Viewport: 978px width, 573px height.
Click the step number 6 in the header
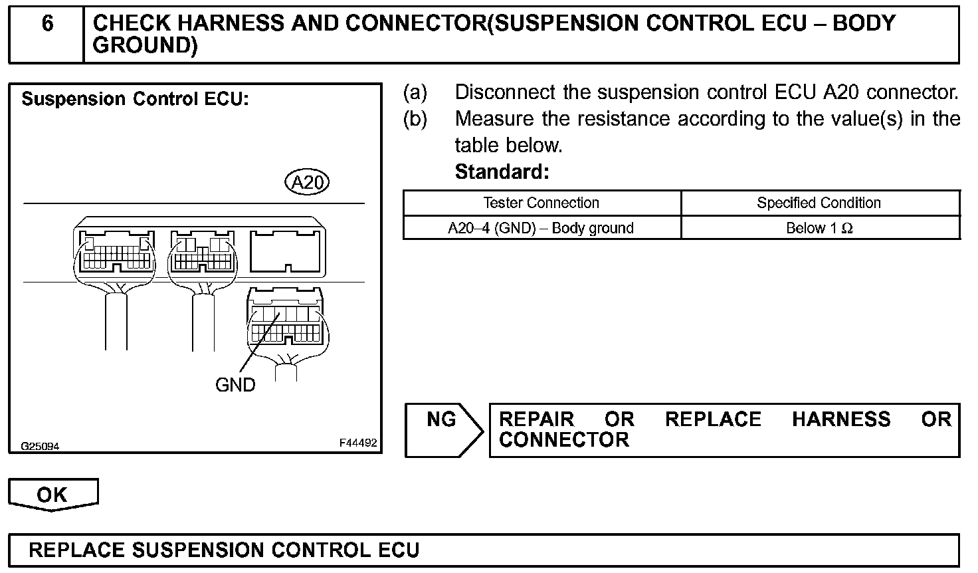[47, 24]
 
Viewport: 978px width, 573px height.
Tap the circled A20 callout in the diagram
[306, 182]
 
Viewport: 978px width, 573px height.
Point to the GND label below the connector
[235, 385]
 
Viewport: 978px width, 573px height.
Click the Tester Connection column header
[541, 203]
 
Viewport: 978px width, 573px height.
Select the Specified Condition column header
[819, 203]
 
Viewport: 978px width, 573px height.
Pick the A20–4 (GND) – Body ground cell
[541, 228]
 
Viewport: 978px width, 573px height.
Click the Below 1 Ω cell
[819, 228]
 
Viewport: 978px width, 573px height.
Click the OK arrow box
[52, 495]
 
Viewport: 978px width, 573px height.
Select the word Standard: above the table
[502, 172]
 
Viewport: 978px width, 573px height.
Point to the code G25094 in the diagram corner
[40, 447]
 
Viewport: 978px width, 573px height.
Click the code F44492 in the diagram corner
[357, 443]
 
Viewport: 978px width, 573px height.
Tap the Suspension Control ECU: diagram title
[135, 100]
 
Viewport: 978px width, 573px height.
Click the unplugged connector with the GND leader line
[286, 319]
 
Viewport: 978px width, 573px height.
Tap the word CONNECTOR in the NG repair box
[563, 440]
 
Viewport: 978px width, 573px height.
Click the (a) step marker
[415, 92]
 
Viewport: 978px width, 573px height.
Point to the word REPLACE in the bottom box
[76, 550]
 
